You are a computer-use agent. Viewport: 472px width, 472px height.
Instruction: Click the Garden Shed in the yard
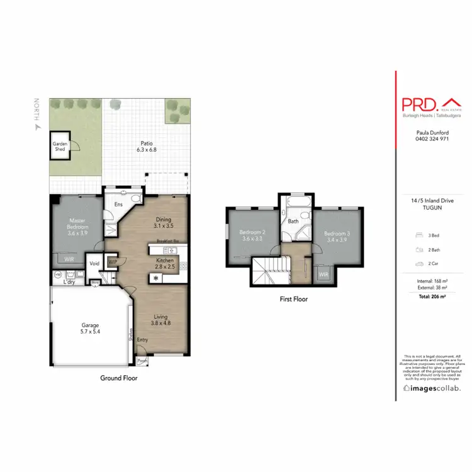pyautogui.click(x=60, y=145)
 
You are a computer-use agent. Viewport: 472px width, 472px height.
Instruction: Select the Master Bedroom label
pyautogui.click(x=77, y=227)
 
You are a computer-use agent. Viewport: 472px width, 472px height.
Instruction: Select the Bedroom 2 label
pyautogui.click(x=252, y=235)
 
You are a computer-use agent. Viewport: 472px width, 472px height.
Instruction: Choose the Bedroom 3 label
pyautogui.click(x=335, y=237)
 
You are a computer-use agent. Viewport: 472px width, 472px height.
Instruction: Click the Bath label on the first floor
pyautogui.click(x=293, y=222)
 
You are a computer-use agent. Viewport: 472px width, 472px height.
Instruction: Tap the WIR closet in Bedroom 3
pyautogui.click(x=323, y=274)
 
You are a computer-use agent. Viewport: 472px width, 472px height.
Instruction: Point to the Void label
pyautogui.click(x=95, y=264)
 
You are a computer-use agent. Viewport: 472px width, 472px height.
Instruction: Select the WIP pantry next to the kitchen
pyautogui.click(x=113, y=261)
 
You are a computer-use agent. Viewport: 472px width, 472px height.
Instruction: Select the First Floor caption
pyautogui.click(x=293, y=300)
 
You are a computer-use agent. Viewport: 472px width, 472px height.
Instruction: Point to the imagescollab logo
pyautogui.click(x=432, y=388)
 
